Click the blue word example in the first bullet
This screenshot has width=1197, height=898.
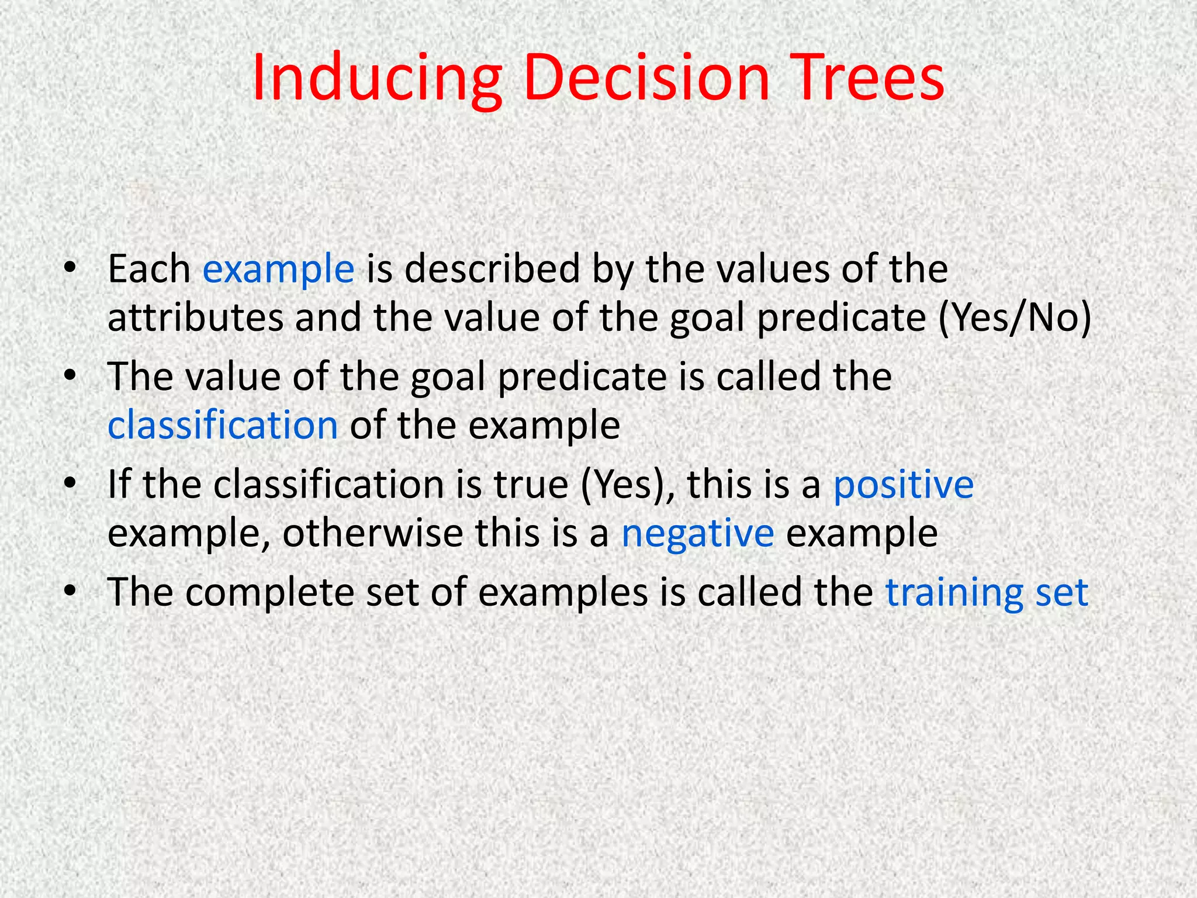[x=278, y=270]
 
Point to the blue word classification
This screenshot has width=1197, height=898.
[x=223, y=425]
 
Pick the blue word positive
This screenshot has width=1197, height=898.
[x=903, y=485]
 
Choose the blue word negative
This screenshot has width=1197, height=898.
[x=697, y=534]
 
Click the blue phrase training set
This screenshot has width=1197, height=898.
[x=987, y=593]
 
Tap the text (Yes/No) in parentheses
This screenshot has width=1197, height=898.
[x=1015, y=319]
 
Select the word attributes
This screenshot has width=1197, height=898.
[x=195, y=319]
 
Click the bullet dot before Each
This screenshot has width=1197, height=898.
[x=70, y=267]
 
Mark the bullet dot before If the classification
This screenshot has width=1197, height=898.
[x=70, y=483]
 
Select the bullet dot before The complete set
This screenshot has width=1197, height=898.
[x=70, y=590]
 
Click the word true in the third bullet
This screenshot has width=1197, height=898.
[x=531, y=485]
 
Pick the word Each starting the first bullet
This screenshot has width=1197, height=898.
[x=148, y=270]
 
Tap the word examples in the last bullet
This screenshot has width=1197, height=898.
[x=563, y=593]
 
